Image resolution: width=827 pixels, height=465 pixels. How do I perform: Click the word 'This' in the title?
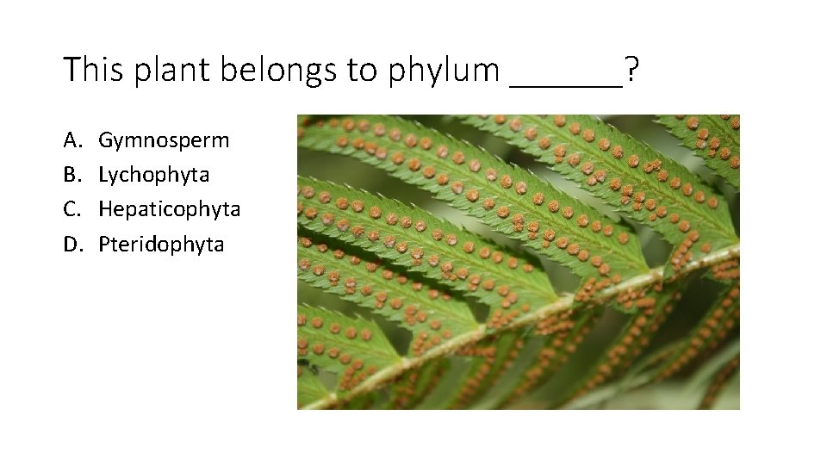click(x=90, y=70)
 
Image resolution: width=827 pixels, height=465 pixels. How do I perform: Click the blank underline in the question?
click(x=566, y=84)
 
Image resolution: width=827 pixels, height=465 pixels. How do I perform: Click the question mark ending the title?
click(x=632, y=70)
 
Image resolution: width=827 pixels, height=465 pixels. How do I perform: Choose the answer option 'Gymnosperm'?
click(x=164, y=140)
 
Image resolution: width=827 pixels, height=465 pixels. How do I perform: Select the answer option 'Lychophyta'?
click(x=153, y=175)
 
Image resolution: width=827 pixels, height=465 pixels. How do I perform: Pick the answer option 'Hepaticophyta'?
click(x=169, y=209)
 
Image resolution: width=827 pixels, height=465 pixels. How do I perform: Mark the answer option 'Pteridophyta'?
click(x=160, y=245)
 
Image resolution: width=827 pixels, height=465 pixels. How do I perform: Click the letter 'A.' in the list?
click(x=72, y=139)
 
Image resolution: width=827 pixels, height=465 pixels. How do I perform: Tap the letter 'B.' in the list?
click(x=72, y=174)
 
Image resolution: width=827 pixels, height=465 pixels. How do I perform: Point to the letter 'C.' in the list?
click(x=72, y=209)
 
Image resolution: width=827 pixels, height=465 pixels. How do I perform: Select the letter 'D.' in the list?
click(x=72, y=244)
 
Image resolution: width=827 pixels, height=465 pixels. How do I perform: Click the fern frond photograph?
click(x=518, y=262)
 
